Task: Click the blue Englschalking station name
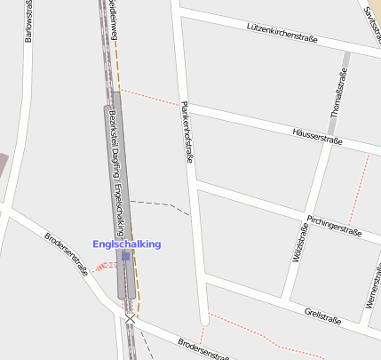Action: [127, 244]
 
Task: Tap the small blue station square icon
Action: [126, 256]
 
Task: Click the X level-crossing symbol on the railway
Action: [131, 318]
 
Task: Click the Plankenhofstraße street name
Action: [187, 132]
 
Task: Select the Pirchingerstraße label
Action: [332, 225]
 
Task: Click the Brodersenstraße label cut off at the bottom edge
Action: [204, 350]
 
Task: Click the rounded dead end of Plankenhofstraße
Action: [204, 317]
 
